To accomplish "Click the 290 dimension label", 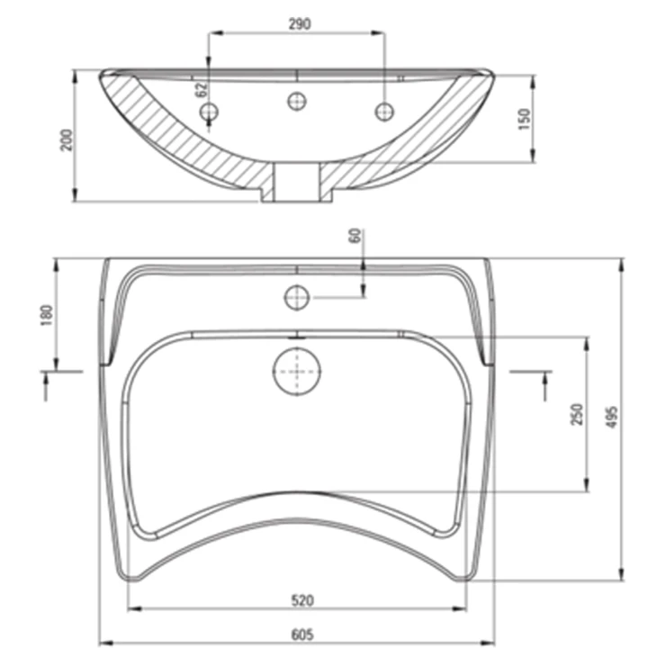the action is click(300, 24).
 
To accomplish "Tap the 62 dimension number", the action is click(202, 89).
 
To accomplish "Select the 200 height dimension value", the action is click(67, 139).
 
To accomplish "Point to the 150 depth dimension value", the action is click(525, 120).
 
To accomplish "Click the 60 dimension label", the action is click(355, 236).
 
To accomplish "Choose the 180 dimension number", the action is click(47, 315).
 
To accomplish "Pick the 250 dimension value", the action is click(577, 414).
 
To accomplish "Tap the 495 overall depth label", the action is click(612, 417).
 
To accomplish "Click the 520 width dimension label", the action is click(302, 600).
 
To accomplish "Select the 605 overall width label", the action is click(302, 634).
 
